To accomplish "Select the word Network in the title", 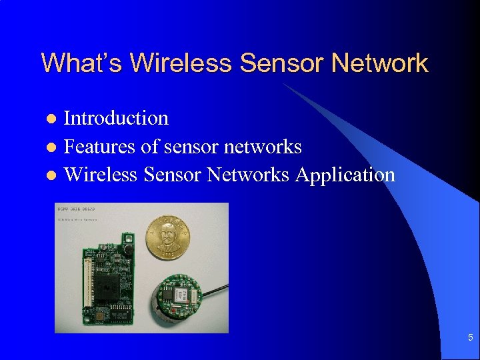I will click(379, 63).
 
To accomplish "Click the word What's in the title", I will click(82, 63).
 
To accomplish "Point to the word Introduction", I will click(116, 118).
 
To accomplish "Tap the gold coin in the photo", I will click(168, 236).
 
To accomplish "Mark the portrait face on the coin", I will click(167, 234).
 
